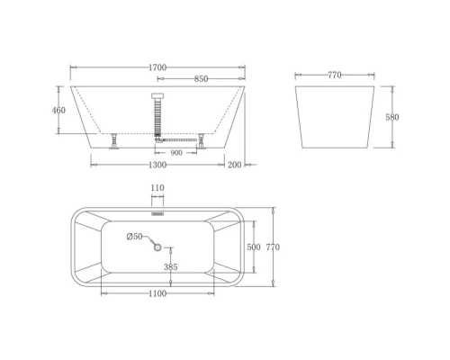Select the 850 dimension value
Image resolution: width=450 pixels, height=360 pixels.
(x=202, y=79)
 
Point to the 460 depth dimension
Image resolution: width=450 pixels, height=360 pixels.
(x=59, y=111)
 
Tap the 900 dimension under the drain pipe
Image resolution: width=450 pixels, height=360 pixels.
(x=176, y=152)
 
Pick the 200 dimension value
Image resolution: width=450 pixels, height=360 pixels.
(x=235, y=165)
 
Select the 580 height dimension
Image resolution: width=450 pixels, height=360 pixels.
(x=392, y=117)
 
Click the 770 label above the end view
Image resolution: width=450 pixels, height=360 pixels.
(x=335, y=76)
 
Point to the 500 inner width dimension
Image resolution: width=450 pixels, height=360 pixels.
(x=254, y=247)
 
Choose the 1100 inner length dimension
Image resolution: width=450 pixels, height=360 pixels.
(x=157, y=293)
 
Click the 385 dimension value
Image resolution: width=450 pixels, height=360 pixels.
(x=170, y=267)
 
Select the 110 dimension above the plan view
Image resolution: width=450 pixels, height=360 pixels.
(x=157, y=188)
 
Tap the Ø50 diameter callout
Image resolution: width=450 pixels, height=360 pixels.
(x=135, y=236)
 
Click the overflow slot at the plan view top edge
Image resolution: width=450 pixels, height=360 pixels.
(x=157, y=214)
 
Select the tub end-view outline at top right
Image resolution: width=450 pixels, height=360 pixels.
(x=335, y=117)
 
